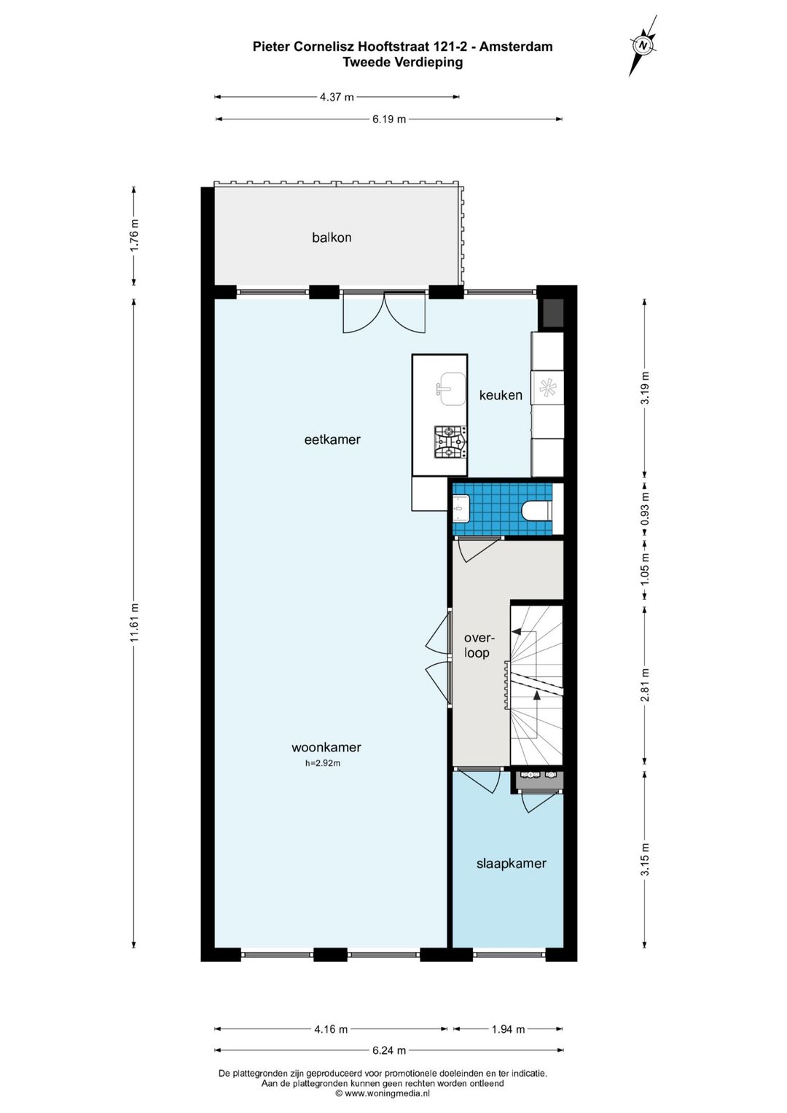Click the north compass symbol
(644, 45)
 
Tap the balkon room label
(332, 238)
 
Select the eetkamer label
(332, 440)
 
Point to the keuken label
(501, 395)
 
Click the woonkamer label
(326, 747)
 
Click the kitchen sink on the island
(450, 389)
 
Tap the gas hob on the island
(450, 442)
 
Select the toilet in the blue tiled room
(536, 509)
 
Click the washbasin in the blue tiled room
(461, 508)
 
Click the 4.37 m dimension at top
(337, 97)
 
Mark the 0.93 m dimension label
(645, 509)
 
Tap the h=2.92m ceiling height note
(323, 763)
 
